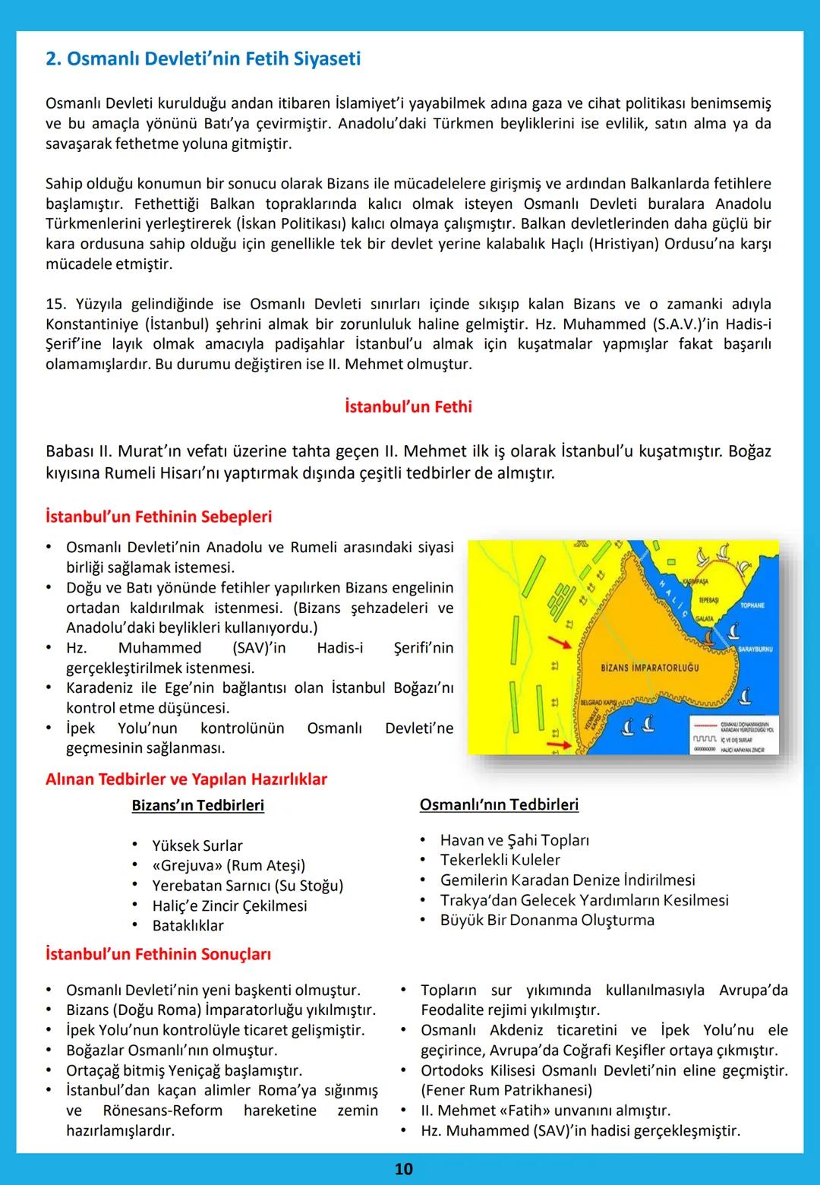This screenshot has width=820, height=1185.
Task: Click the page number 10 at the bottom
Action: pos(403,1168)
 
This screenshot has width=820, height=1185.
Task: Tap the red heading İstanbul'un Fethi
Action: pos(408,406)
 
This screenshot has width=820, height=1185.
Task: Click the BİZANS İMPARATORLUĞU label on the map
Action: pos(649,668)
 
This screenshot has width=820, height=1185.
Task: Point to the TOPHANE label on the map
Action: pos(752,605)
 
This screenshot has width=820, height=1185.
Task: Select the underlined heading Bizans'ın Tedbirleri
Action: pos(197,805)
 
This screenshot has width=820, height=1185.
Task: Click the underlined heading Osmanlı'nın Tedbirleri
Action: pos(499,804)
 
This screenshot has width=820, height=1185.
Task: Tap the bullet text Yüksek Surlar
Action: pos(197,845)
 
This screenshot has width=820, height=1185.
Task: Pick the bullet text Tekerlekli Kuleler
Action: pos(500,860)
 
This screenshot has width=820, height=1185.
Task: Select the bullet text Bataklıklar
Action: pos(188,925)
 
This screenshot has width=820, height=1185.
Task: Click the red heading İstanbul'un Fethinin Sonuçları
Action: pos(158,954)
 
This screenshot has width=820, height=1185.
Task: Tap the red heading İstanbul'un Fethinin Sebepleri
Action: pos(159,517)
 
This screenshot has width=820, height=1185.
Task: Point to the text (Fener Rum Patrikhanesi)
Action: pos(506,1090)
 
